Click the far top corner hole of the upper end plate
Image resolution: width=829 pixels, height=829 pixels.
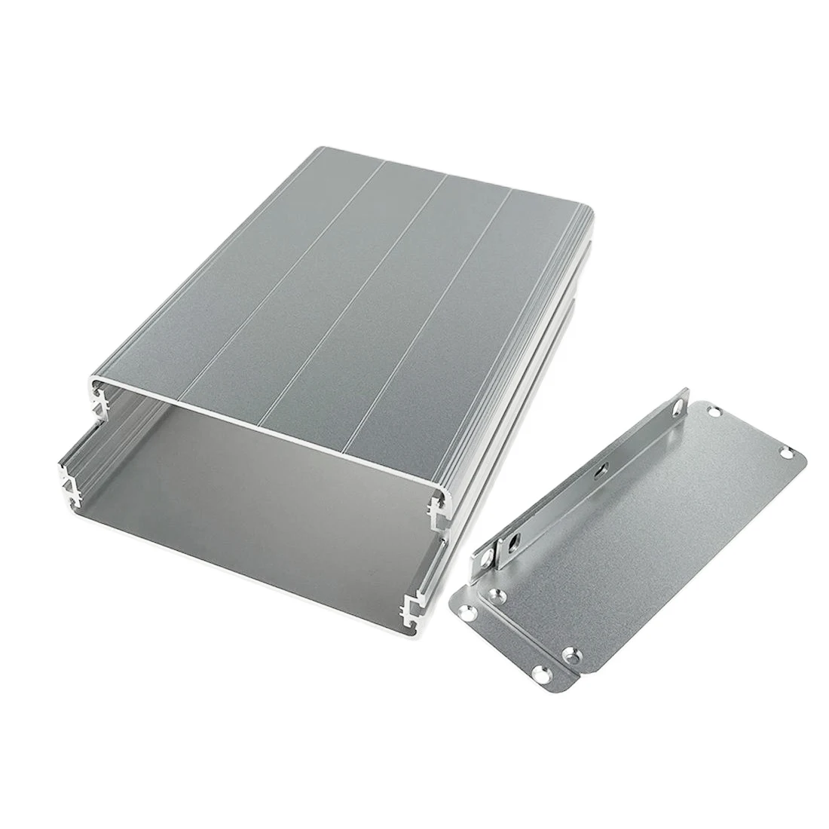click(711, 411)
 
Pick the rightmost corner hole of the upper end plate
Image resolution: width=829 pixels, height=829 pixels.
click(787, 453)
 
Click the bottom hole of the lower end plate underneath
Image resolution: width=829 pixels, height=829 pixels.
click(538, 673)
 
